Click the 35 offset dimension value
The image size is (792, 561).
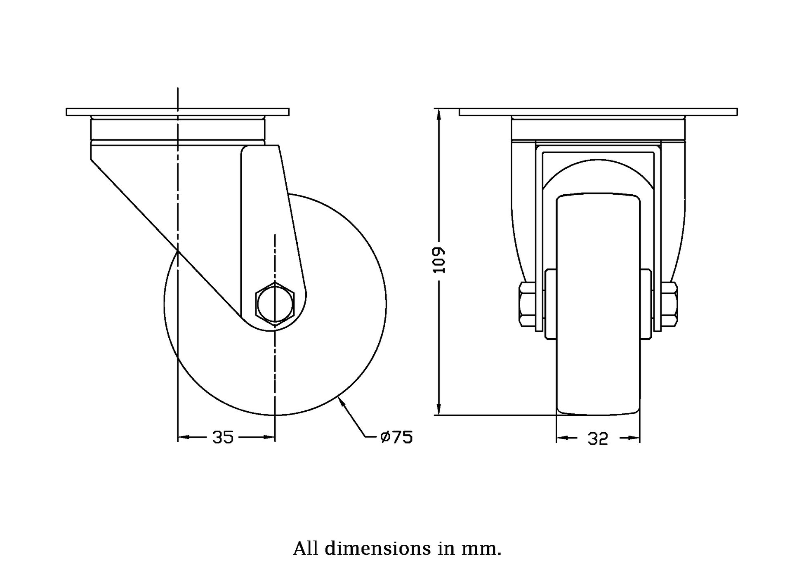coord(223,437)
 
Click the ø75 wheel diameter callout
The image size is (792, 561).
coord(396,437)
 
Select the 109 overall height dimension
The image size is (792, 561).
coord(440,260)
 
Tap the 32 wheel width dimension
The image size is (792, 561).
coord(598,439)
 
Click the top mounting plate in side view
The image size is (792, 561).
coord(177,112)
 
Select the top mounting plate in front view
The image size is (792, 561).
coord(598,112)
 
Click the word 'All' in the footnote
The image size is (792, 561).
coord(306,549)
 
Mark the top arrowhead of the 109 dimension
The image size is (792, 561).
coord(440,114)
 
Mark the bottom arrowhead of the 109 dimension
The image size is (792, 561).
coord(440,410)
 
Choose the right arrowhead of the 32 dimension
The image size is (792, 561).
coord(635,438)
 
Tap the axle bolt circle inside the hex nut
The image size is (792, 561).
coord(275,304)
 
